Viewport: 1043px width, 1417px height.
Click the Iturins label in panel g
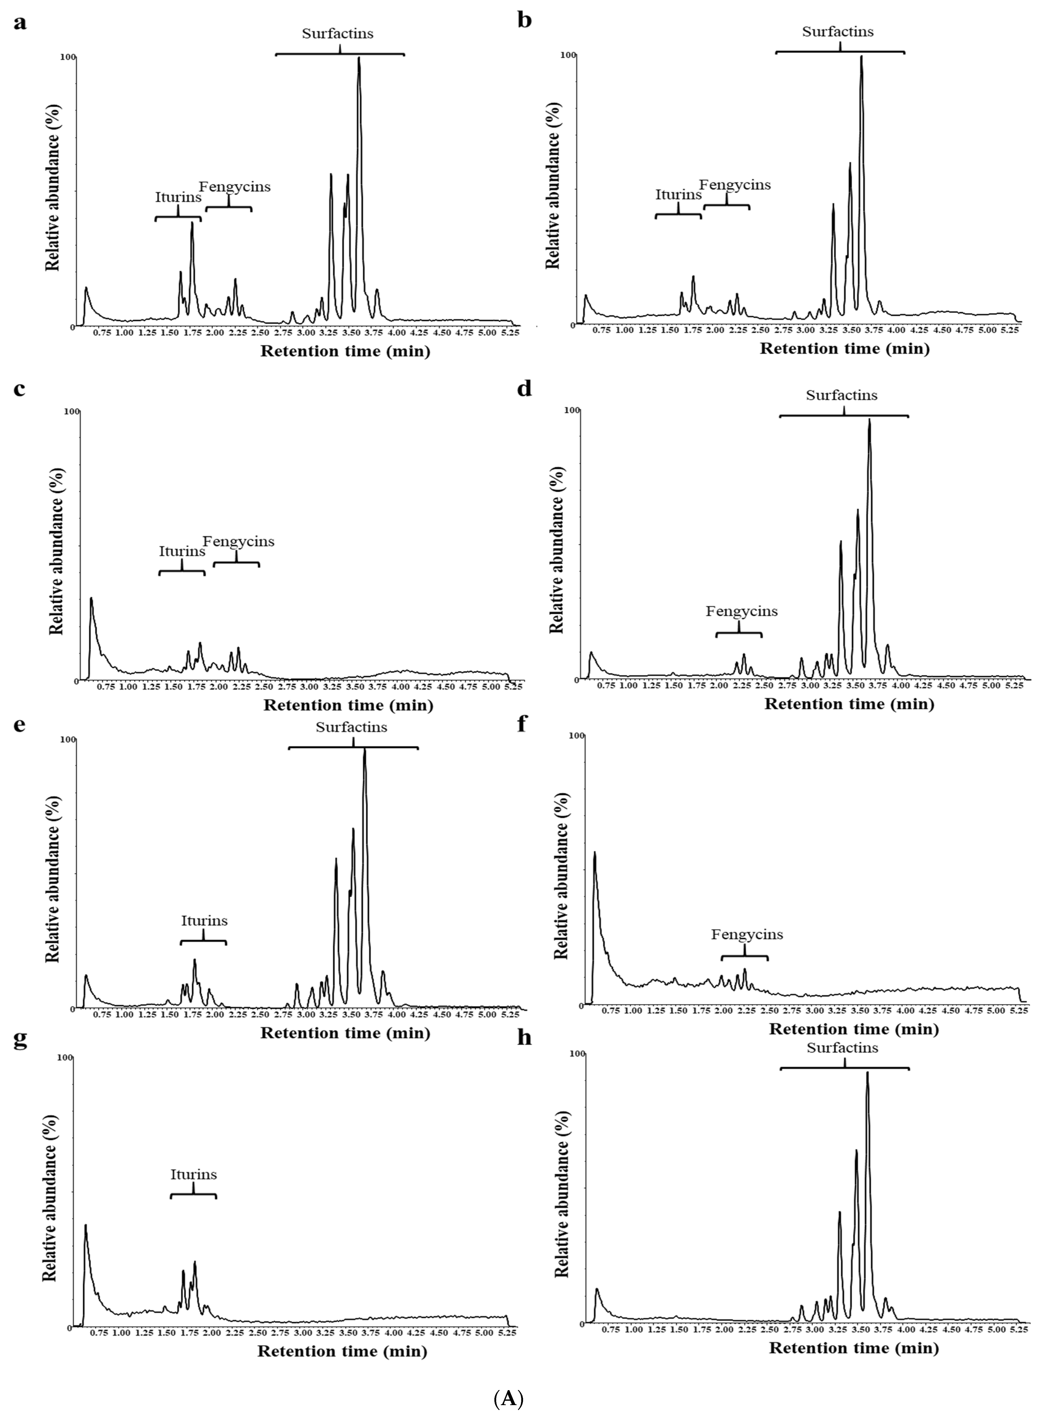click(x=193, y=1175)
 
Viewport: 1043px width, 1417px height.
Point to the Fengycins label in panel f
click(x=747, y=935)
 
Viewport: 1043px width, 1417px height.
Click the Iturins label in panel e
click(x=204, y=921)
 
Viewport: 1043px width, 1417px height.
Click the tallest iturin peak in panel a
click(x=192, y=223)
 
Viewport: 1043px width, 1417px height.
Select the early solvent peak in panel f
click(x=594, y=853)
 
